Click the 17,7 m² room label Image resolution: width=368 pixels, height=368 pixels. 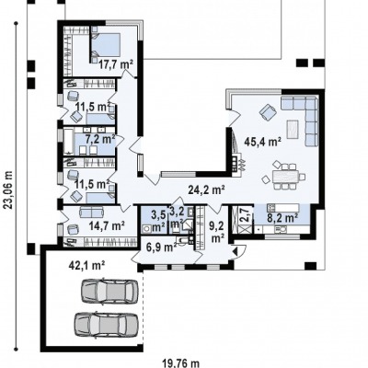(116, 64)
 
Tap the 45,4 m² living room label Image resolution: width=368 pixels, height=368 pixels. (262, 142)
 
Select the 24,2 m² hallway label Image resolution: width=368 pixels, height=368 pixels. (206, 190)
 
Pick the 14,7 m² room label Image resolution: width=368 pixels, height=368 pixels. (107, 225)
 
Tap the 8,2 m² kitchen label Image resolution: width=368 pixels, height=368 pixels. (283, 218)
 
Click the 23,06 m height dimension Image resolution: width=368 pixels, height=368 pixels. (9, 190)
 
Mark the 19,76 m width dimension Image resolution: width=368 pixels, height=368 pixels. (181, 363)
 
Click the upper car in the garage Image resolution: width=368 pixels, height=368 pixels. (109, 291)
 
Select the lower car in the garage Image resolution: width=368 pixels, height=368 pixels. (106, 325)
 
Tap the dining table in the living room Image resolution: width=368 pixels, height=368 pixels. (284, 177)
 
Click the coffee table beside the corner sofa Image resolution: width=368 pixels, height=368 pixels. (293, 129)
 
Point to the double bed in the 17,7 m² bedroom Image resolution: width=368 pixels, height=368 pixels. (105, 45)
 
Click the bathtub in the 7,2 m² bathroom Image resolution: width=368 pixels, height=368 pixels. (69, 142)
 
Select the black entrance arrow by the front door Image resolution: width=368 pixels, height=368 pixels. (236, 251)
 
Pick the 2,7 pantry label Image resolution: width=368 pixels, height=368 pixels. (243, 214)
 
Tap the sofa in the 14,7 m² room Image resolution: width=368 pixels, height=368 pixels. (91, 212)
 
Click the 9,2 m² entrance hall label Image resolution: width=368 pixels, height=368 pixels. (217, 232)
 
